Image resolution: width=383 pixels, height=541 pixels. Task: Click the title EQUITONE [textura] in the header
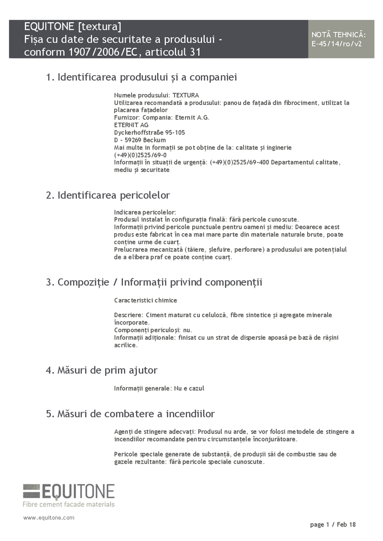[x=73, y=27]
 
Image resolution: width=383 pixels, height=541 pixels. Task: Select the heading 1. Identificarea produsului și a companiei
[x=141, y=77]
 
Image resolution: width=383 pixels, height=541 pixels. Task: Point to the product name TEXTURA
[x=186, y=95]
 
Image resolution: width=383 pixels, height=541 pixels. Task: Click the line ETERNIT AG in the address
[x=131, y=125]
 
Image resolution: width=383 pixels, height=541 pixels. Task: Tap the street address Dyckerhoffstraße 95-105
[x=150, y=133]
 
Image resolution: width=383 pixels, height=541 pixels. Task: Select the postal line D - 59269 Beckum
[x=140, y=140]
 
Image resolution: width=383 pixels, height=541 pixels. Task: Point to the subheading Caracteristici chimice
[x=146, y=300]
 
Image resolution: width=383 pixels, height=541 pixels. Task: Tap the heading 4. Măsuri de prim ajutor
[x=102, y=371]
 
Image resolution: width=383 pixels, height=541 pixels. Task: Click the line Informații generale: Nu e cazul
[x=159, y=388]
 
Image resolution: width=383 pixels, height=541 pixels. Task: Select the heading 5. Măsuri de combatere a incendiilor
[x=130, y=414]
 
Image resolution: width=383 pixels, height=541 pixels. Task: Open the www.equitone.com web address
[x=49, y=518]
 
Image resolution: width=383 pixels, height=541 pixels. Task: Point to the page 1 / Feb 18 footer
[x=333, y=525]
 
